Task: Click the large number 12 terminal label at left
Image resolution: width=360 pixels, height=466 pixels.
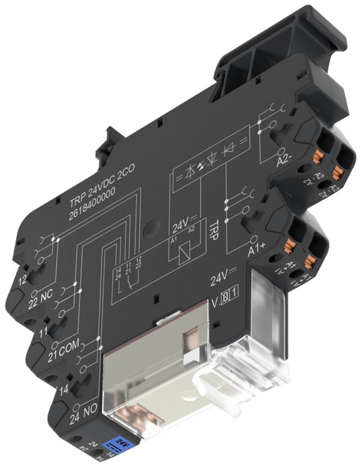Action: tap(23, 280)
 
